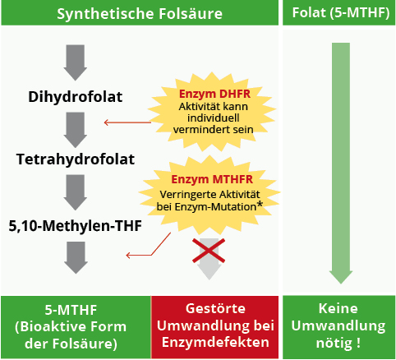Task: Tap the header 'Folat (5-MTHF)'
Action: pos(338,14)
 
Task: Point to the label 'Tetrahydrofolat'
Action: pos(76,159)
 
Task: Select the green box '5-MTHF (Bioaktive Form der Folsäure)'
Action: pos(76,326)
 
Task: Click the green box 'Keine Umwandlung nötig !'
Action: pos(338,326)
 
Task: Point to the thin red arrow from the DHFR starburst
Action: pos(127,123)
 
